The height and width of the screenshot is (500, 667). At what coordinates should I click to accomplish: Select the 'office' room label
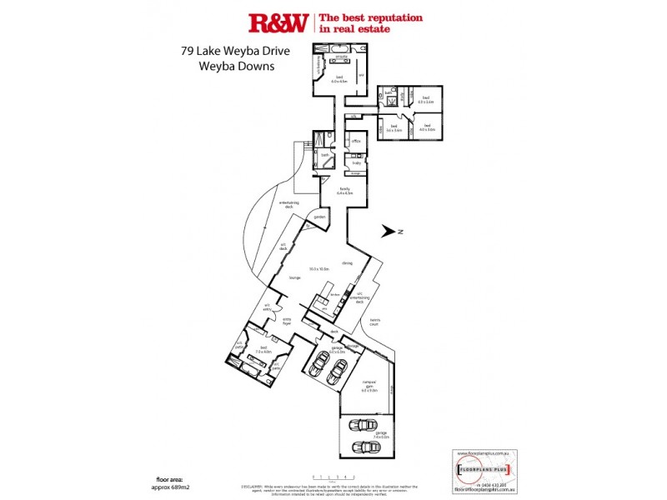coord(355,142)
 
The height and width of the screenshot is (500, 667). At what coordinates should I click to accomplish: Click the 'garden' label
coord(319,217)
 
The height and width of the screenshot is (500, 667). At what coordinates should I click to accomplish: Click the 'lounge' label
coord(293,277)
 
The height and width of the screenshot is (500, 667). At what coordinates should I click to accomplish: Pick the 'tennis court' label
coord(376,323)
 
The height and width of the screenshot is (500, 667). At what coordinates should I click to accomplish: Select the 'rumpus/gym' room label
coord(369,387)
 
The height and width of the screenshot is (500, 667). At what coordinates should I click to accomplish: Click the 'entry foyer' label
coord(287,321)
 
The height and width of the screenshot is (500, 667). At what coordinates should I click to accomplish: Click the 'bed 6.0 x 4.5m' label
coord(339,79)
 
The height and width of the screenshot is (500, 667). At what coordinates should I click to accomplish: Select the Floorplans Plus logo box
coord(482,471)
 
